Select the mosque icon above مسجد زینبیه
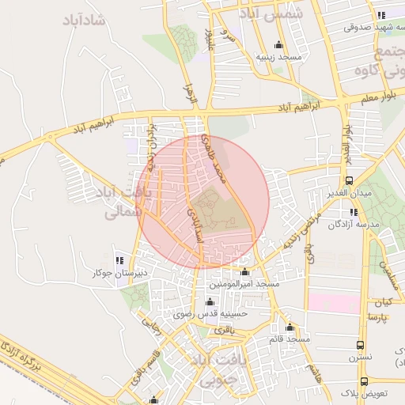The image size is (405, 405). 278,44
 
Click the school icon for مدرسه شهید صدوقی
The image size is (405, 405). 381,15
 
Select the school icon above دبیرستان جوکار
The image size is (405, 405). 119,259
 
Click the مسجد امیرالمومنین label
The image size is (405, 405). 244,283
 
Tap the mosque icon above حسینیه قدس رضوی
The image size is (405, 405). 210,301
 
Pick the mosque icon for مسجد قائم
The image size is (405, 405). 290,327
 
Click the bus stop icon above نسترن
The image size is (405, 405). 361,345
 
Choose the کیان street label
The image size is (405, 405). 384,303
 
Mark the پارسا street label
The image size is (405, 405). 376,317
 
